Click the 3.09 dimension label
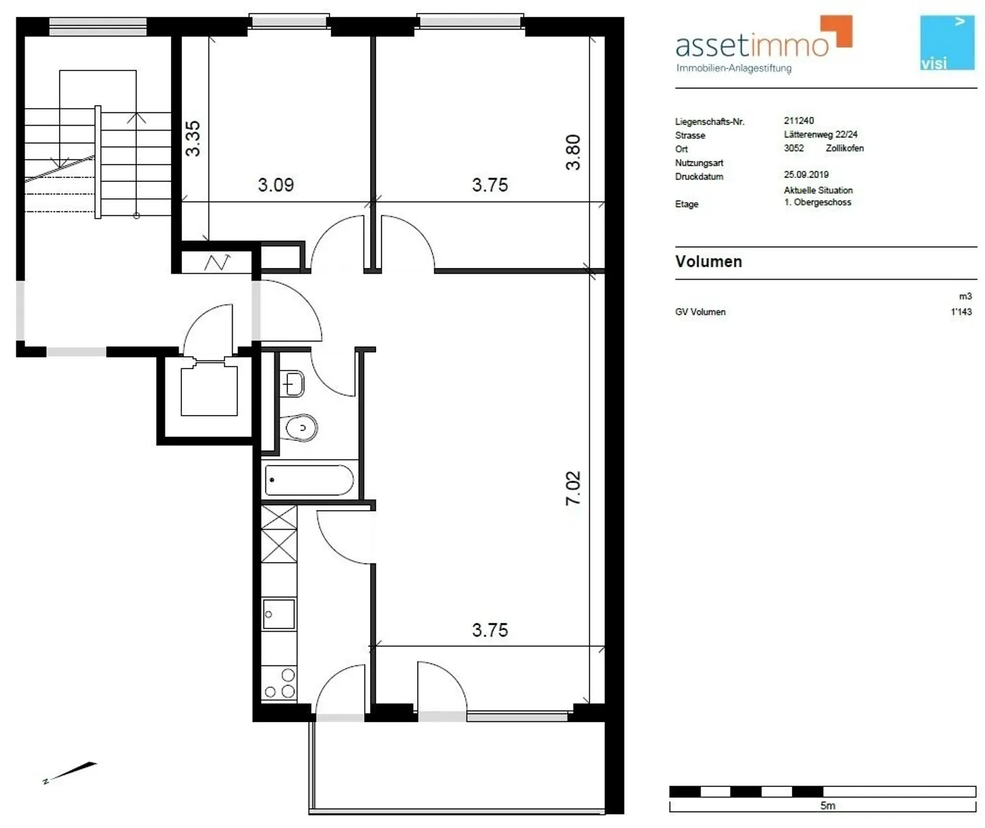click(276, 185)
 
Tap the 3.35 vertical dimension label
click(194, 138)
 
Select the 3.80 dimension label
click(573, 152)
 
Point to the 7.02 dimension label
click(573, 488)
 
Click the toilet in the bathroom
click(301, 428)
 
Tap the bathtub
click(309, 480)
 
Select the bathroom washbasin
click(293, 384)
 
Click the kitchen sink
click(279, 614)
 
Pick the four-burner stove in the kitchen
click(279, 683)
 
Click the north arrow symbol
click(70, 772)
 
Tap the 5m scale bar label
click(828, 806)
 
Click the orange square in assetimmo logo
click(838, 31)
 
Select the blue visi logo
click(947, 42)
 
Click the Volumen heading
click(709, 262)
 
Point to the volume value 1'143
click(961, 312)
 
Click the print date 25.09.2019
click(806, 175)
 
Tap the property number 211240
click(799, 121)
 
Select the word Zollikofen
click(845, 148)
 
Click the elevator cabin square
click(209, 390)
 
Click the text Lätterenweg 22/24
click(821, 135)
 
